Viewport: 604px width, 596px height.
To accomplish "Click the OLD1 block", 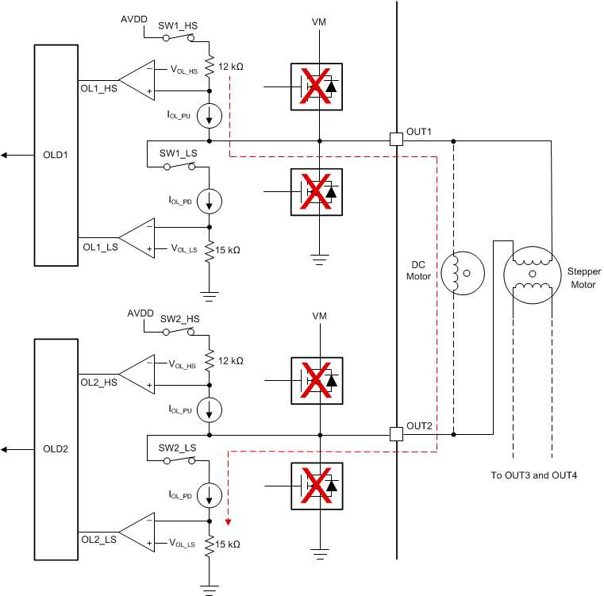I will [x=56, y=155].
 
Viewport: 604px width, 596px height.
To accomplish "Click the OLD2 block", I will [x=56, y=449].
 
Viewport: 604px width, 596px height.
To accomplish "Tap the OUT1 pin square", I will [x=397, y=140].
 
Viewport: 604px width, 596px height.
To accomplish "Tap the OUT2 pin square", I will [x=397, y=434].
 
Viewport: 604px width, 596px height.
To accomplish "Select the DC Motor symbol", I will [x=462, y=272].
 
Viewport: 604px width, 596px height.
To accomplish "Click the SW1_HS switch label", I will [x=178, y=25].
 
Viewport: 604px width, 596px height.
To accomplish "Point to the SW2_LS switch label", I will [x=178, y=448].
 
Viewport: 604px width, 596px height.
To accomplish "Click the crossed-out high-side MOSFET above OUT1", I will [x=316, y=86].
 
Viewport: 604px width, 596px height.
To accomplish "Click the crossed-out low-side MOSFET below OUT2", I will [x=316, y=486].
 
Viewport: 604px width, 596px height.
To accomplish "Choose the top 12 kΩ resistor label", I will [x=230, y=67].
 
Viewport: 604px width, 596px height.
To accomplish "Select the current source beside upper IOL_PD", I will [x=210, y=201].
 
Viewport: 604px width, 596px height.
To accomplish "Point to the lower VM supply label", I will [x=319, y=316].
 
